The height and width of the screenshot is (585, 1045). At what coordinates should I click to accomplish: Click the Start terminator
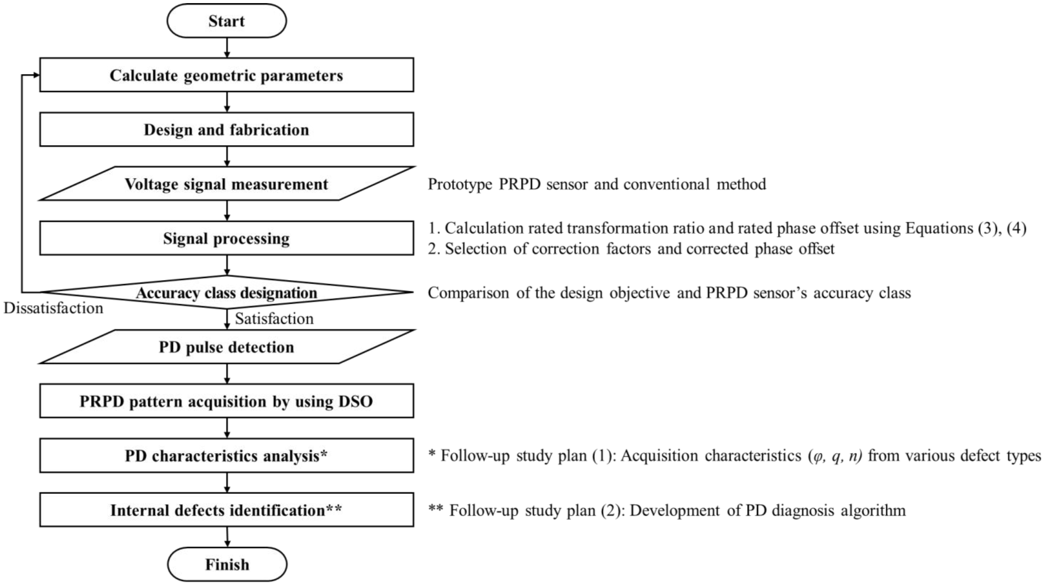tap(226, 21)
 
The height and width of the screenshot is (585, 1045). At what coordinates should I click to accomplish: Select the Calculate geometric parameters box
tap(226, 75)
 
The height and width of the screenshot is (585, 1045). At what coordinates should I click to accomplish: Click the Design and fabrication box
tap(226, 129)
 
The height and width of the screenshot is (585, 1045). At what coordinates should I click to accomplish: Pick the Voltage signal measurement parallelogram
tap(226, 184)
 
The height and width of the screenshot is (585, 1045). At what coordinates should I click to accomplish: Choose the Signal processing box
tap(226, 238)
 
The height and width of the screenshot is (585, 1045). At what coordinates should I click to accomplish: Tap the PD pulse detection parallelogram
tap(226, 347)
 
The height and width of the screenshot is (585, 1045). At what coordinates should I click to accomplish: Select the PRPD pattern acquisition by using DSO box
tap(226, 401)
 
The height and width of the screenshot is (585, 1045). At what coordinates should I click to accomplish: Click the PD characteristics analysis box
tap(226, 456)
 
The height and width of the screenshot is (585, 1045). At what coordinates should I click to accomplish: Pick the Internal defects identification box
tap(226, 510)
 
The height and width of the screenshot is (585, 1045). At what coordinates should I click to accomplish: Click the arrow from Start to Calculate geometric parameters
tap(227, 48)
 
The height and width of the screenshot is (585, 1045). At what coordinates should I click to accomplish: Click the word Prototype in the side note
tap(460, 184)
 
